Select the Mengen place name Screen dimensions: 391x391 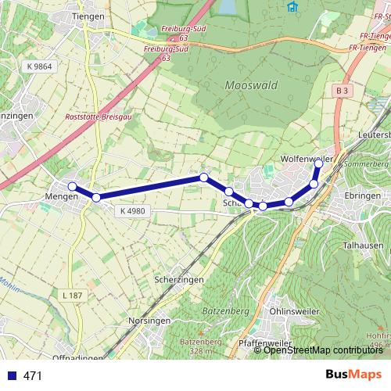pos(63,196)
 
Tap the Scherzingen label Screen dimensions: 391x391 pos(179,280)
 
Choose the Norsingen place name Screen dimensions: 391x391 pos(149,321)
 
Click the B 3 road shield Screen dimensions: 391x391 pos(340,91)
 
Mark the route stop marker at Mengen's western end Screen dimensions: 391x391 pos(72,186)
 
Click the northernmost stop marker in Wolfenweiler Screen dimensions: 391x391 pos(318,164)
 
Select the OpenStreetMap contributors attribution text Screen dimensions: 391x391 pos(322,351)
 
